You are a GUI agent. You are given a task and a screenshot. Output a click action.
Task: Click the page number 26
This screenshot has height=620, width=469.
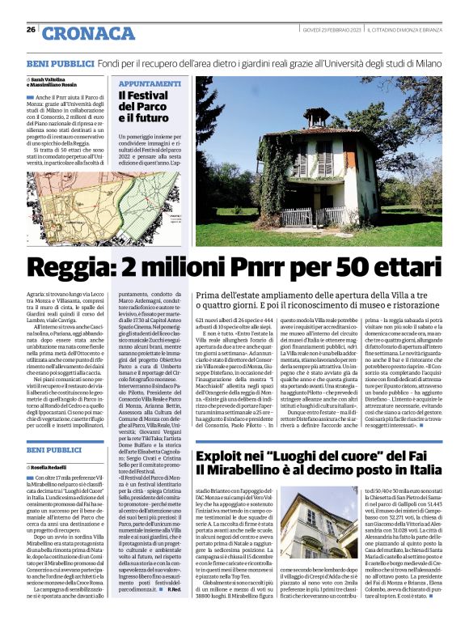pos(31,30)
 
